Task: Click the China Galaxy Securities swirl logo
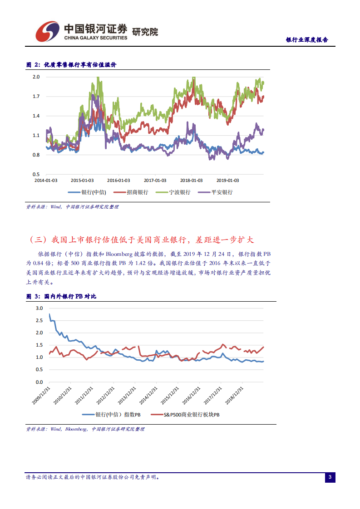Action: click(48, 31)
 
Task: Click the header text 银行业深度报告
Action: click(307, 40)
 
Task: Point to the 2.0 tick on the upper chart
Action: click(36, 77)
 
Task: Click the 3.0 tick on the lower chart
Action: click(39, 308)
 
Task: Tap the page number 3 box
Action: click(330, 477)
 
